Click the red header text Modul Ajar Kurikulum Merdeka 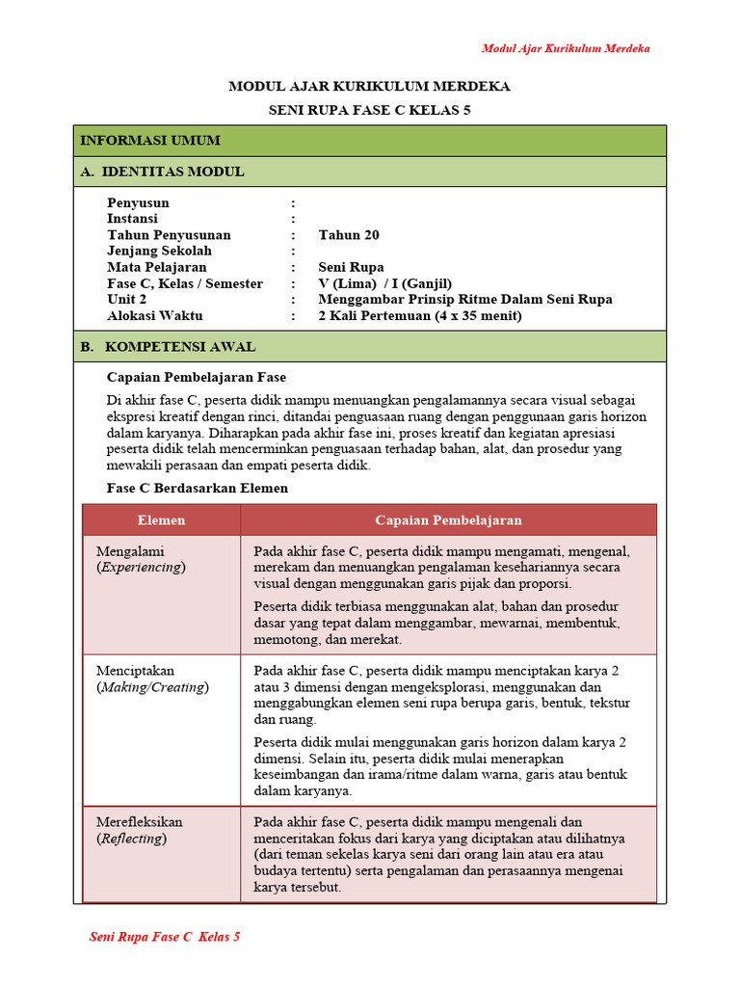566,48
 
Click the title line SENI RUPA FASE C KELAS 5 369,111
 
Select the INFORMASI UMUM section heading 150,141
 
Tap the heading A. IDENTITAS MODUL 162,172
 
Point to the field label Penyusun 138,203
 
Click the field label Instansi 132,219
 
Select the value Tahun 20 349,235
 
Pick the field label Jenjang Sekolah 159,251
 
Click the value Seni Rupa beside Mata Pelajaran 351,267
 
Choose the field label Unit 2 127,299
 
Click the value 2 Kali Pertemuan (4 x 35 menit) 420,315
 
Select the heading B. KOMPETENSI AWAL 168,346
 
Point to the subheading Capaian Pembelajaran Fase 197,377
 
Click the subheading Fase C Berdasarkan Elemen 197,489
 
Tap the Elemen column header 161,520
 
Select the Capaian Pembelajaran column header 448,520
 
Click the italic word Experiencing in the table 141,568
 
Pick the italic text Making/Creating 152,687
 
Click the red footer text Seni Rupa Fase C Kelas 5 165,937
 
